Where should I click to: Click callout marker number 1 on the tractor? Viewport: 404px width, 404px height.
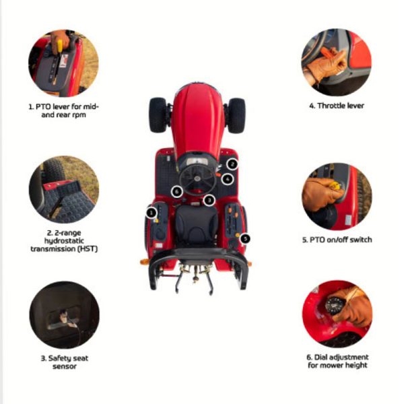tap(151, 213)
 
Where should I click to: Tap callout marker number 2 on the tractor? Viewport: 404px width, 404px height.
tap(232, 164)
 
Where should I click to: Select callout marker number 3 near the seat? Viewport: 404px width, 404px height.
tap(209, 200)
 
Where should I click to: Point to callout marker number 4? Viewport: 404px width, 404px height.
tap(228, 179)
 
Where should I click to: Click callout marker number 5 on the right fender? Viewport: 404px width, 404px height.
tap(245, 238)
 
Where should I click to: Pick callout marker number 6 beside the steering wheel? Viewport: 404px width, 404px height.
tap(176, 191)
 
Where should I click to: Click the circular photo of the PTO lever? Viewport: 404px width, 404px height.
tap(63, 63)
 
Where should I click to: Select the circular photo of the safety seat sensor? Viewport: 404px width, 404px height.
tap(65, 315)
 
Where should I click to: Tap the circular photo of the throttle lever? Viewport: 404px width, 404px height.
tap(337, 62)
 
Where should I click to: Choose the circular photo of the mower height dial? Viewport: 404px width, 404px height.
tap(337, 314)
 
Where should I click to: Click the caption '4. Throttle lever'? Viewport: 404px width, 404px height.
tap(337, 106)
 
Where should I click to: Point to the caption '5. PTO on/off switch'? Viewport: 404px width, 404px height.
tap(337, 240)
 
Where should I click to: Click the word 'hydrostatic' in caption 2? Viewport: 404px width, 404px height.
tap(64, 241)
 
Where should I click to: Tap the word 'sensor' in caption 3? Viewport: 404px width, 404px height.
tap(65, 366)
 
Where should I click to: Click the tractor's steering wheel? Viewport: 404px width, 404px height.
tap(197, 178)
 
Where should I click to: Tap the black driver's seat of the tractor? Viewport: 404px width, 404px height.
tap(196, 226)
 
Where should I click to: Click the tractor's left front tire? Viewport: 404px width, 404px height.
tap(158, 115)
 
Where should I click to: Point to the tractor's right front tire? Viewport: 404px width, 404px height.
tap(236, 116)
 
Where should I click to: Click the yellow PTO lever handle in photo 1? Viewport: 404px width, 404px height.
tap(59, 47)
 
